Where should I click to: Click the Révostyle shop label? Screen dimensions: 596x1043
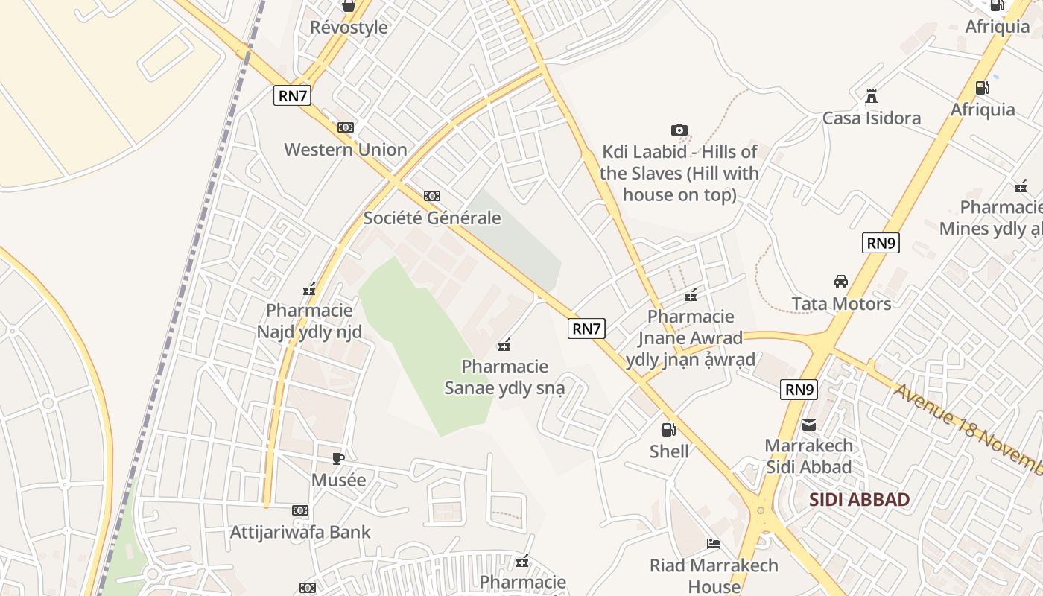click(349, 28)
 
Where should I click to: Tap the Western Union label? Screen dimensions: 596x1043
click(346, 150)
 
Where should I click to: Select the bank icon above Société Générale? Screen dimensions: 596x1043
click(432, 196)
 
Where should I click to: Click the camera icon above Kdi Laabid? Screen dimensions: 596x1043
click(679, 130)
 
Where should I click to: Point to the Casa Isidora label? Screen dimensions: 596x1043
click(871, 118)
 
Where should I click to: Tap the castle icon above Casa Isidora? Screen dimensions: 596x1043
click(871, 96)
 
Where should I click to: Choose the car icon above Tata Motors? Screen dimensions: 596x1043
click(841, 282)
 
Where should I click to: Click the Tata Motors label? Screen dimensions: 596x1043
click(841, 304)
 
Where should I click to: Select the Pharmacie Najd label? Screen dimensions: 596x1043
click(309, 321)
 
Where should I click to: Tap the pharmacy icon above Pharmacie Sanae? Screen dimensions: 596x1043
click(504, 344)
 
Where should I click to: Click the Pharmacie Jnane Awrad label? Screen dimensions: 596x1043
click(691, 338)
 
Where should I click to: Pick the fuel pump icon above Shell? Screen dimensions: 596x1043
click(669, 429)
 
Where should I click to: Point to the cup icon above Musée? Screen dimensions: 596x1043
click(338, 458)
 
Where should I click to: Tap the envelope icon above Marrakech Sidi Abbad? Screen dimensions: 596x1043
click(809, 425)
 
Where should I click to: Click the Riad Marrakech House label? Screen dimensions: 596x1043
click(714, 576)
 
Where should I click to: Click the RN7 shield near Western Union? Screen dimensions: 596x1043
click(292, 95)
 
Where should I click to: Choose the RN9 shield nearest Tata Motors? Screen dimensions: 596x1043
click(881, 242)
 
